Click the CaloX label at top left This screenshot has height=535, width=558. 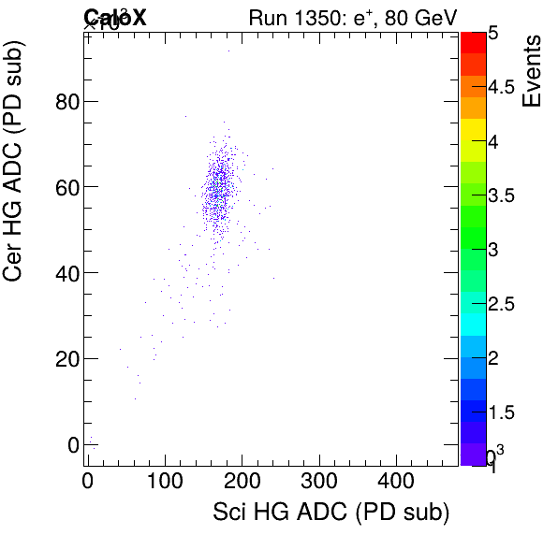pyautogui.click(x=115, y=17)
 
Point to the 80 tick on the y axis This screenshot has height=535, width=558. pyautogui.click(x=66, y=101)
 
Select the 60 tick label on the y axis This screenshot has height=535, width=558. pyautogui.click(x=66, y=187)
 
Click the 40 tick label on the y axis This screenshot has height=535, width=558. pyautogui.click(x=66, y=273)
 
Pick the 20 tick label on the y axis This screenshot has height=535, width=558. pyautogui.click(x=66, y=358)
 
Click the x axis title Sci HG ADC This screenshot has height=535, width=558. pyautogui.click(x=331, y=513)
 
